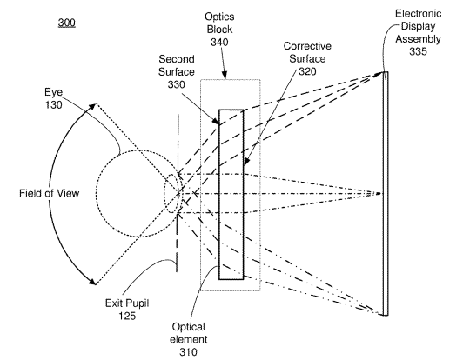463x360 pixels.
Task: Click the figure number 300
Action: pos(67,23)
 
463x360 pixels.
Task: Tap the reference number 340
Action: pos(219,43)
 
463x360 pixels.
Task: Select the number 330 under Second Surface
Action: pos(177,84)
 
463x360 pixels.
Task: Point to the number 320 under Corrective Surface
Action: pos(307,71)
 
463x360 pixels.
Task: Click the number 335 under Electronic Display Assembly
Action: pos(418,51)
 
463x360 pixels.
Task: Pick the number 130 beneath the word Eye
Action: pos(54,104)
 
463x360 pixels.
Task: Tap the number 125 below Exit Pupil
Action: pos(127,316)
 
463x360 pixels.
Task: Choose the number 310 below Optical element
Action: pos(188,351)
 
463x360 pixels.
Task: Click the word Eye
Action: pos(54,92)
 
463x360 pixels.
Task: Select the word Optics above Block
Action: pos(219,17)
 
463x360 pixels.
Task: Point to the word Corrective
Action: pos(307,46)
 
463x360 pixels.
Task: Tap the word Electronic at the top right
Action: pos(419,14)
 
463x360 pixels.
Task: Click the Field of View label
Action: pos(50,193)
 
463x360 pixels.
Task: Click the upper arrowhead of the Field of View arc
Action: pos(92,107)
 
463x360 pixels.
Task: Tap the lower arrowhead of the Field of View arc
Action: pos(92,281)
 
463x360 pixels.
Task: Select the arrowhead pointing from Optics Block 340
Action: pos(225,76)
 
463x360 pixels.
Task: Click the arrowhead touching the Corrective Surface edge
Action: pos(246,162)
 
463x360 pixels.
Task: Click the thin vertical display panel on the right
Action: pos(386,194)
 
